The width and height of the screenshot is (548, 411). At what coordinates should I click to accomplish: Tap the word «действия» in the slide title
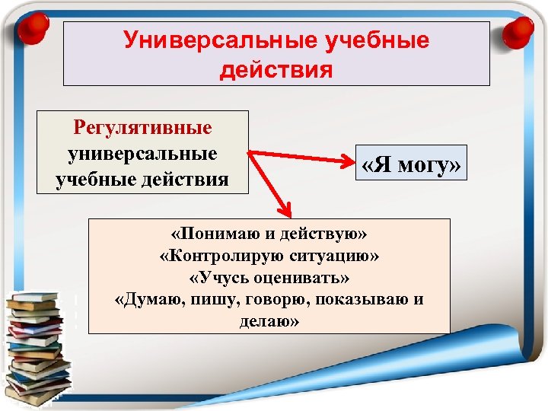coord(276,70)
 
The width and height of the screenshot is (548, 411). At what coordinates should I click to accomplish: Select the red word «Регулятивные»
coord(142,127)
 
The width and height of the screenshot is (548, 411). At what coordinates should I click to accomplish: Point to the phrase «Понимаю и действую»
coord(269,231)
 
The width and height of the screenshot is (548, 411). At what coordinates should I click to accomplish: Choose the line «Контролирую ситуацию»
coord(269,253)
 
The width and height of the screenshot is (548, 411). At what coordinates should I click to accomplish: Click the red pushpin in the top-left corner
coord(30,29)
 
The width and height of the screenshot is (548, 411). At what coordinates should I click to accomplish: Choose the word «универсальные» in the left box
coord(142,154)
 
